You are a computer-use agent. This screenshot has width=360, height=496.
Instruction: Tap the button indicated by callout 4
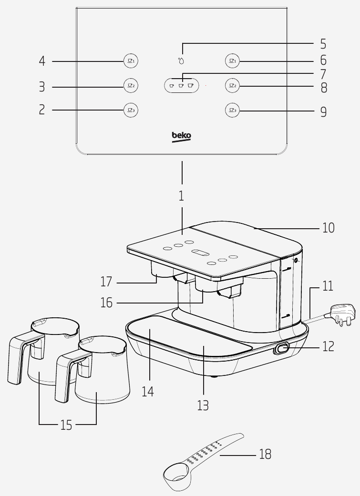click(x=130, y=61)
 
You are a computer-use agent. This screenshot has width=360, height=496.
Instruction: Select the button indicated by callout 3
click(x=130, y=86)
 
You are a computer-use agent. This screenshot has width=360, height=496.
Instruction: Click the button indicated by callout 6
click(x=232, y=61)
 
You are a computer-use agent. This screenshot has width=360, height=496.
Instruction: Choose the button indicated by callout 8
click(x=232, y=86)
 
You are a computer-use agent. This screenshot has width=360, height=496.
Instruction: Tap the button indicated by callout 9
click(x=232, y=111)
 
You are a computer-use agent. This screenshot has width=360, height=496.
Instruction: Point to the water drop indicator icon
click(x=181, y=61)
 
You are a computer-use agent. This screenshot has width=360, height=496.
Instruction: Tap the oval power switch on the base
click(x=282, y=349)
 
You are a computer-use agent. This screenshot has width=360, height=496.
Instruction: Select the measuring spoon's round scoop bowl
click(x=176, y=473)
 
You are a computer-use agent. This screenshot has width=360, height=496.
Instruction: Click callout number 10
click(x=329, y=228)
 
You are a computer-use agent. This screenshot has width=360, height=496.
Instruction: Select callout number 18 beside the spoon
click(x=265, y=455)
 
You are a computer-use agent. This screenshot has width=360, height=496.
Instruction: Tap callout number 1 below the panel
click(x=181, y=196)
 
